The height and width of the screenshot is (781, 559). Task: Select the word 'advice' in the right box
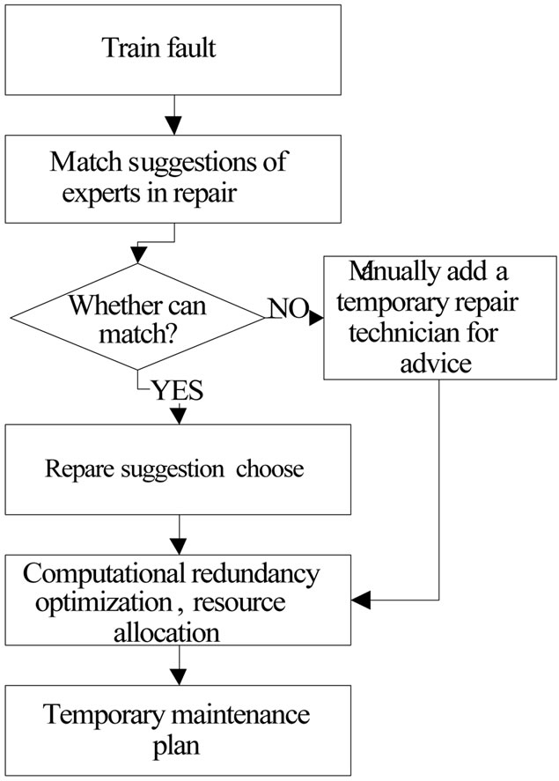438,363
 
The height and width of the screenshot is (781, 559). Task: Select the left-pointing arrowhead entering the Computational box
361,601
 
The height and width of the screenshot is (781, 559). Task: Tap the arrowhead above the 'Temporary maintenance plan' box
180,678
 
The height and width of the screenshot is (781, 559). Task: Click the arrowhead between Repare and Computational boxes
180,546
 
